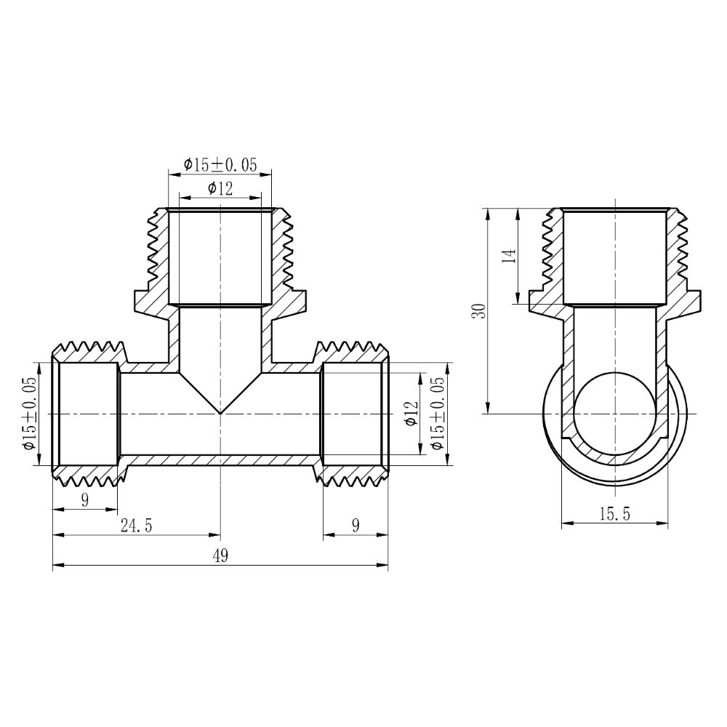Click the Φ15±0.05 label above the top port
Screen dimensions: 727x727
click(x=220, y=165)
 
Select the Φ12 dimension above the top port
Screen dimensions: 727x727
click(x=220, y=189)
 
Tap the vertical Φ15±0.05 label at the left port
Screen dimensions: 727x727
click(x=29, y=414)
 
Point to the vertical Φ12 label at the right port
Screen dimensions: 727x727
click(x=411, y=414)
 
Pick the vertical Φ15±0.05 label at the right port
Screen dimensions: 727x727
click(x=437, y=414)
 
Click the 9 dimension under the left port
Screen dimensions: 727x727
click(x=85, y=500)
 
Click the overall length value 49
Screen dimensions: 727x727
click(x=220, y=556)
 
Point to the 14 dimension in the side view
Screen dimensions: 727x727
click(x=509, y=256)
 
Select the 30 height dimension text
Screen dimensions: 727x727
click(x=478, y=311)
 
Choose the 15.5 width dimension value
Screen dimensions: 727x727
click(x=615, y=514)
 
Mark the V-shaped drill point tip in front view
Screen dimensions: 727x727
click(x=220, y=412)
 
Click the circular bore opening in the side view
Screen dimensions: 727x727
click(x=615, y=413)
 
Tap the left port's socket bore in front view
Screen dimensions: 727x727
click(x=88, y=414)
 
